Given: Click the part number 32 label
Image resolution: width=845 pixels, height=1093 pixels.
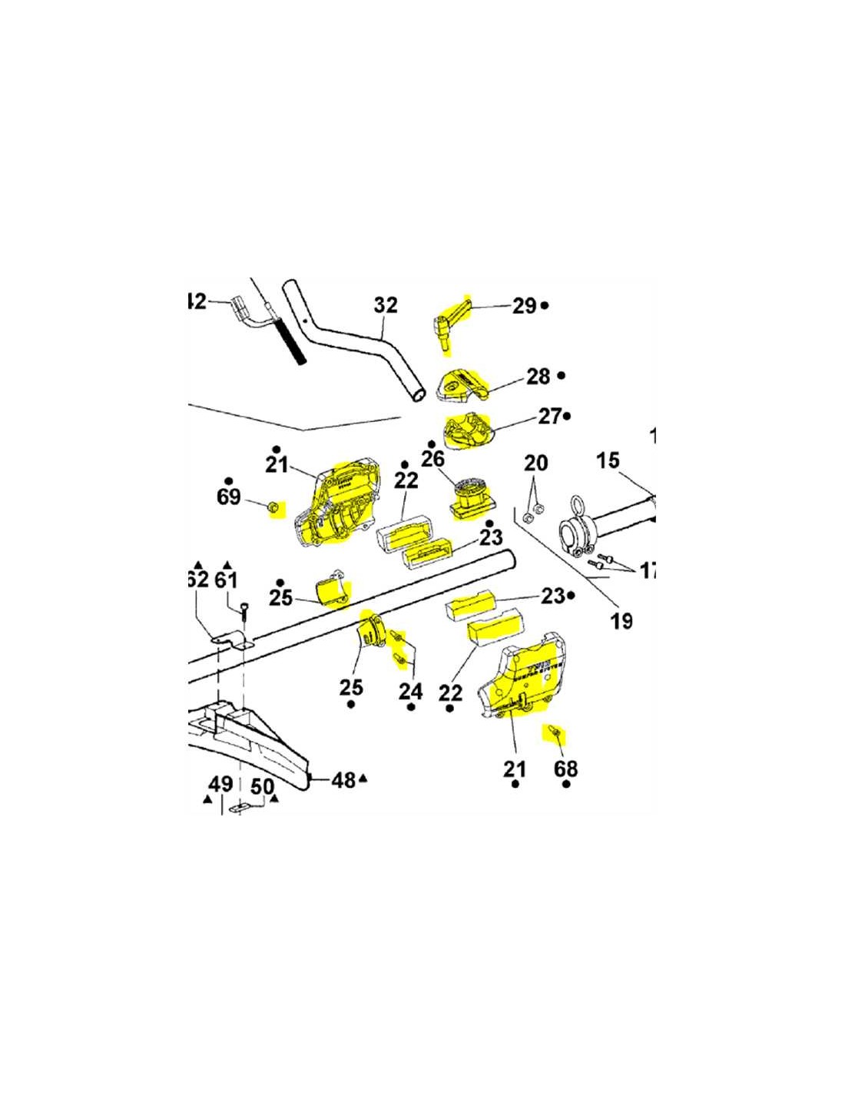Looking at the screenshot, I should pyautogui.click(x=386, y=305).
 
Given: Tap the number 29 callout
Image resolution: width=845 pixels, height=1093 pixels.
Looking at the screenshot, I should pyautogui.click(x=524, y=306).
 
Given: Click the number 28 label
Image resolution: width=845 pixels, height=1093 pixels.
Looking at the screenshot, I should pyautogui.click(x=538, y=377).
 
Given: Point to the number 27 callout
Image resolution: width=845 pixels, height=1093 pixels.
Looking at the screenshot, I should pyautogui.click(x=549, y=417).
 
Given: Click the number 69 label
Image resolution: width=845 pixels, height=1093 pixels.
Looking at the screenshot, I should pyautogui.click(x=228, y=497).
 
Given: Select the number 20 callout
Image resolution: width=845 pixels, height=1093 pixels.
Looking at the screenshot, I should pyautogui.click(x=535, y=463).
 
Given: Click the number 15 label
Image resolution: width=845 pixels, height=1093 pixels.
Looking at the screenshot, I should pyautogui.click(x=608, y=460).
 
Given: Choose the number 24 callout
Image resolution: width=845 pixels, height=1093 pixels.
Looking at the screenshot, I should pyautogui.click(x=410, y=692).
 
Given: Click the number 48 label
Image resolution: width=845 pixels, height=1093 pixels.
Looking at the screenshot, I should pyautogui.click(x=343, y=780).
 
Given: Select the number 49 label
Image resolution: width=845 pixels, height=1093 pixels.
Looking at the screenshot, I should pyautogui.click(x=220, y=784).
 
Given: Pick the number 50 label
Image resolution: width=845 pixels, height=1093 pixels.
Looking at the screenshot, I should pyautogui.click(x=262, y=786).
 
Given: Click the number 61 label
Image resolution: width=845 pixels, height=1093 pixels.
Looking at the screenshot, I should pyautogui.click(x=226, y=579).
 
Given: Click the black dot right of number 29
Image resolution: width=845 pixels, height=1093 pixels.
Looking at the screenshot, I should pyautogui.click(x=545, y=306).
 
